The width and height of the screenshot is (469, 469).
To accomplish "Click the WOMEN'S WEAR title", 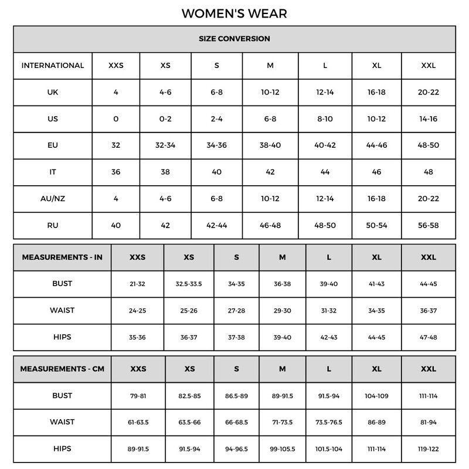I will [x=234, y=13].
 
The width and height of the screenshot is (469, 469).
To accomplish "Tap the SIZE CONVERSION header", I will [x=234, y=39].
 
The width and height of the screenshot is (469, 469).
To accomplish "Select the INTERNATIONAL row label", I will [x=53, y=65].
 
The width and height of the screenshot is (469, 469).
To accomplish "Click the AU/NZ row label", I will [x=53, y=198].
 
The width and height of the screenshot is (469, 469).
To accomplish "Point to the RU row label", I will [x=53, y=225].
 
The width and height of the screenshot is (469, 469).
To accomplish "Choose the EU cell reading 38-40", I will [x=270, y=145].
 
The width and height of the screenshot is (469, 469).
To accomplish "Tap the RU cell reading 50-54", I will [x=376, y=225].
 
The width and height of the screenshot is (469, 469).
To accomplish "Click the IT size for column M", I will [x=270, y=172].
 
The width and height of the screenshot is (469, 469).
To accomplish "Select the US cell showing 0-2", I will [x=165, y=118].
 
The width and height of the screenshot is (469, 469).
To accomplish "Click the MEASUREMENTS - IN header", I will [x=62, y=257].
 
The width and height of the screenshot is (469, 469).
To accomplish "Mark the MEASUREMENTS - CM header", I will [x=62, y=369].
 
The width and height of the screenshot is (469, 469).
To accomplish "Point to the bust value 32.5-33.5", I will [x=189, y=284].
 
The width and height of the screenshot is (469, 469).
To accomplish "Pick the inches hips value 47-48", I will [x=429, y=337].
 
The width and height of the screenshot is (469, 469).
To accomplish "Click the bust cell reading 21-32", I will [x=137, y=284].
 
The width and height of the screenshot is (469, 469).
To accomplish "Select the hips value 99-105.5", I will [x=283, y=449].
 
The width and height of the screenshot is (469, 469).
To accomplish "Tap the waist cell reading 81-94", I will [x=429, y=422].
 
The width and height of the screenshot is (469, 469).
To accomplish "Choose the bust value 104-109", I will [x=376, y=396].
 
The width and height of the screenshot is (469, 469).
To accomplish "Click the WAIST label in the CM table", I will [x=62, y=422].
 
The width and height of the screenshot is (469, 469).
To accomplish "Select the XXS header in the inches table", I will [x=137, y=257].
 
